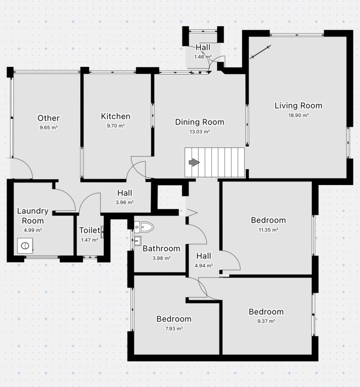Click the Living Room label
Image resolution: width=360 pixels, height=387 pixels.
(298, 106)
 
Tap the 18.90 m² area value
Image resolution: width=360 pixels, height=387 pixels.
(298, 115)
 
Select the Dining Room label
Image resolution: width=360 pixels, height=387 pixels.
(200, 122)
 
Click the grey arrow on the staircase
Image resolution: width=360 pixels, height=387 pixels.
(194, 162)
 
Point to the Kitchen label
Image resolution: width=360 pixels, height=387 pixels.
(116, 116)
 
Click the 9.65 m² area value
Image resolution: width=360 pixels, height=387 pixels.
(49, 127)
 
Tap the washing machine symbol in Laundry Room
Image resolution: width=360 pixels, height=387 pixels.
(25, 246)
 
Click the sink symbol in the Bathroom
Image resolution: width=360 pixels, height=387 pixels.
(137, 241)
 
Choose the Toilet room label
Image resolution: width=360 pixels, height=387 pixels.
(89, 230)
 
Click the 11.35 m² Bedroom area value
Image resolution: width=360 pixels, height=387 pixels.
(268, 230)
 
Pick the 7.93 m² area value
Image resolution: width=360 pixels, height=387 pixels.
(174, 329)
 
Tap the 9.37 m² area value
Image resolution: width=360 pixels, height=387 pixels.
(266, 321)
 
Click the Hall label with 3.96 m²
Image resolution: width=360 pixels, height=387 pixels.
(124, 193)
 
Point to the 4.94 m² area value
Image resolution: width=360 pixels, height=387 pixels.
(204, 266)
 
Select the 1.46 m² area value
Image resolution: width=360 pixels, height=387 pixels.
(203, 57)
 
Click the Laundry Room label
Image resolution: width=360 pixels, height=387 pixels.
(32, 216)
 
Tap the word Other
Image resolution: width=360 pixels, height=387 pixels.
(49, 118)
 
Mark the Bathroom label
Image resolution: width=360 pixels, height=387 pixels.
(161, 249)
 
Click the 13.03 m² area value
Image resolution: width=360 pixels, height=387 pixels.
(200, 132)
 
